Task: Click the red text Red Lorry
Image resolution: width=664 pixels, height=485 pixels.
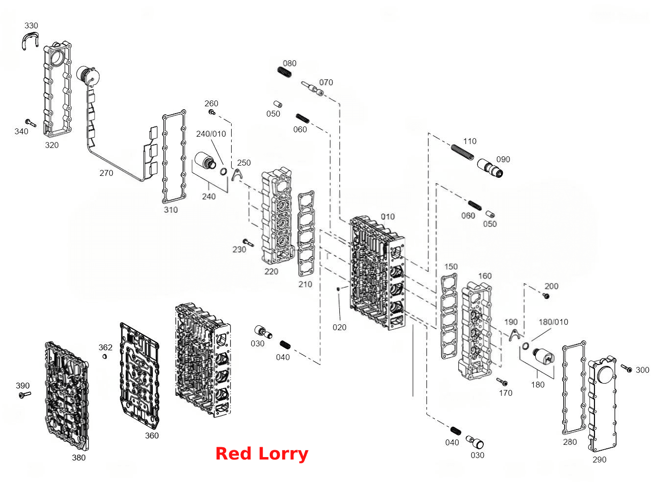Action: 262,454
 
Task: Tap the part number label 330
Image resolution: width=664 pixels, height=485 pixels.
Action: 31,25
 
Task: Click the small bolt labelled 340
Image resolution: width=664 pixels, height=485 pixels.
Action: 30,123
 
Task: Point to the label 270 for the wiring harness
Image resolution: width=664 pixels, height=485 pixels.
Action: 106,173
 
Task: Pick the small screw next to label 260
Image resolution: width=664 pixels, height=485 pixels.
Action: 212,112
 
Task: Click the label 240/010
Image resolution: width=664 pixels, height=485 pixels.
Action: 211,134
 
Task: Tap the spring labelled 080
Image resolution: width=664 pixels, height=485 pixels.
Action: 285,72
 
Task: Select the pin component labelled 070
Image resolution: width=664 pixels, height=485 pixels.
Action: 313,88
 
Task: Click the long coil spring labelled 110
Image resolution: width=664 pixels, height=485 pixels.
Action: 462,152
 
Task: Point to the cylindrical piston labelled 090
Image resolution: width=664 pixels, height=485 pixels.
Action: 490,168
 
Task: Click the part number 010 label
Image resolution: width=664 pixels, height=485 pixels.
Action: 388,217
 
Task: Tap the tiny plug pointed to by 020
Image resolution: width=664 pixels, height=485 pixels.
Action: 338,289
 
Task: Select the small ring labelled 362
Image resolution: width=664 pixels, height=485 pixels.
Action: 105,356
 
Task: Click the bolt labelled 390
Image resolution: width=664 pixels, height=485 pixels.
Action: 24,394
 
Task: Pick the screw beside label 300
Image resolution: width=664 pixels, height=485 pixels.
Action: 626,368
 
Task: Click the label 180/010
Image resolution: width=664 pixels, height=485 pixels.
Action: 553,322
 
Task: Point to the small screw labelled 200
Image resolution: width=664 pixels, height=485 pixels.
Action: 546,296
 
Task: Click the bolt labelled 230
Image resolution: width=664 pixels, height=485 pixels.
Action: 248,242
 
